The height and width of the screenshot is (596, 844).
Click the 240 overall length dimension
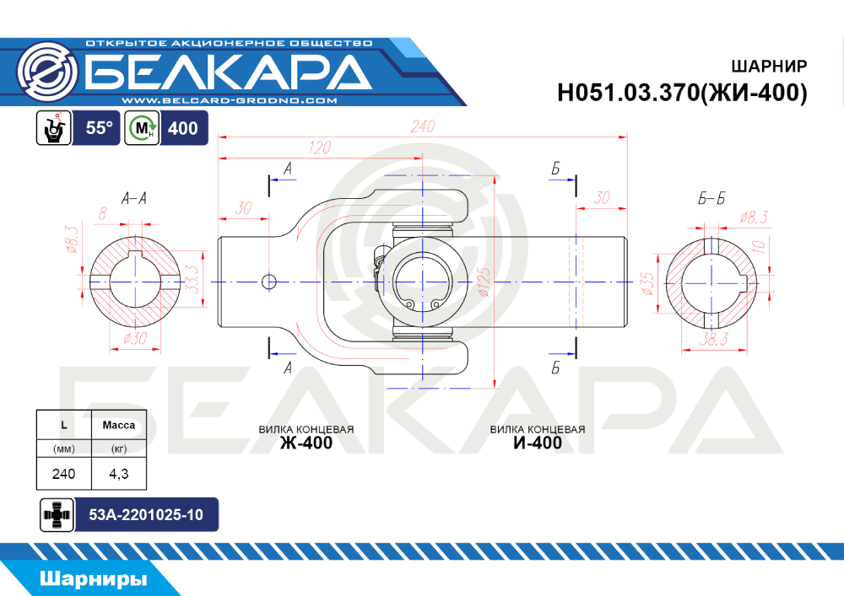pos(423,126)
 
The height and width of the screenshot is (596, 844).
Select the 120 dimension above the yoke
pos(320,148)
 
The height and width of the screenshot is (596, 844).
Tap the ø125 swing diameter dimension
pos(484,282)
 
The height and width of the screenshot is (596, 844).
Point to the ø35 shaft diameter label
pos(647,283)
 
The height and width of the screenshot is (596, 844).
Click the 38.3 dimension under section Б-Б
pos(714,339)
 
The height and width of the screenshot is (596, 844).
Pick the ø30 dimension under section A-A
pos(134,339)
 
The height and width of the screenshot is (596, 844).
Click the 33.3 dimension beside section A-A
pos(192,279)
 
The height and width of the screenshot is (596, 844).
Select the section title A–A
pos(133,199)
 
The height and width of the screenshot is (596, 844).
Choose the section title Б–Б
pos(711,199)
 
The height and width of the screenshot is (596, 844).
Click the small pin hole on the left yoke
pos(268,282)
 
